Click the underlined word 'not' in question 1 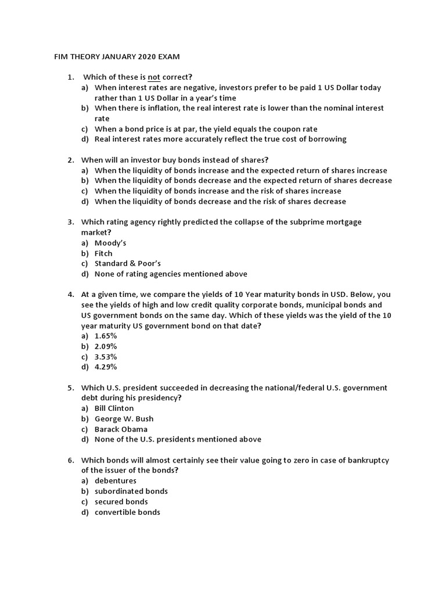tap(154, 77)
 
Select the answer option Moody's tap(110, 243)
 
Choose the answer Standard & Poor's tap(128, 264)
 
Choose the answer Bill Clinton tap(114, 408)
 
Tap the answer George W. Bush tap(124, 419)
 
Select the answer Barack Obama tap(121, 429)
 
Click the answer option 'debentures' tap(116, 481)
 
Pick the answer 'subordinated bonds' tap(131, 492)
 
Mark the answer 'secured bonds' tap(121, 502)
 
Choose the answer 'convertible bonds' tap(127, 512)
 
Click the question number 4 tap(70, 295)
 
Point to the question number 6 tap(70, 460)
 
